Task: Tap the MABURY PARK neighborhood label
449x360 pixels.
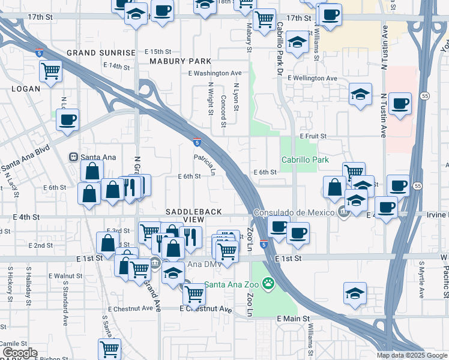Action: click(180, 61)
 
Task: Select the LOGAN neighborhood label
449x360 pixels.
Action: click(25, 89)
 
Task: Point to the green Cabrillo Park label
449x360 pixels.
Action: click(306, 160)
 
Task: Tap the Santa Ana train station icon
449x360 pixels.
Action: click(73, 157)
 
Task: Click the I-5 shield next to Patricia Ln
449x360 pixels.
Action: click(197, 142)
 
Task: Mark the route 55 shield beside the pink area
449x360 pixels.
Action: click(424, 96)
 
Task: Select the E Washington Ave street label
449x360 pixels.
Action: click(214, 73)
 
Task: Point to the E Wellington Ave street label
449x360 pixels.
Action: click(312, 79)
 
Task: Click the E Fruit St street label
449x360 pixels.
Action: click(312, 137)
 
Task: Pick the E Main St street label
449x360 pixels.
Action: click(292, 319)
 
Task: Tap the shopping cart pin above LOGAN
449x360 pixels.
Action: click(50, 71)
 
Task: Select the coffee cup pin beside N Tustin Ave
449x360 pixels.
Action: click(400, 103)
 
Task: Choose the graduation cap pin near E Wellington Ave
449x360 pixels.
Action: click(360, 94)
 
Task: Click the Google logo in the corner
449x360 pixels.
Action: click(20, 353)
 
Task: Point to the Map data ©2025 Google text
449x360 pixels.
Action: click(412, 355)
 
